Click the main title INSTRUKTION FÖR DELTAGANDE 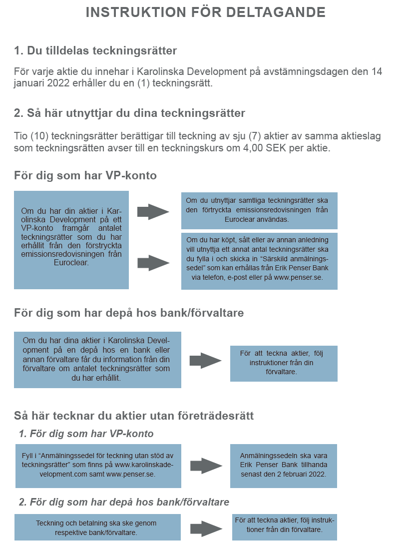coord(205,12)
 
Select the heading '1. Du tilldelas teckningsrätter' coord(95,50)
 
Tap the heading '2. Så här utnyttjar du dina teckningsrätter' coord(129,113)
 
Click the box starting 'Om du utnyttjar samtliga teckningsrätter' coord(259,210)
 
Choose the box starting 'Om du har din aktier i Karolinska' coord(71,240)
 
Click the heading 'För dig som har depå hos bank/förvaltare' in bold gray coord(129,313)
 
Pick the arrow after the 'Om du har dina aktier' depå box coord(205,360)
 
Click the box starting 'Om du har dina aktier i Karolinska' coord(97,359)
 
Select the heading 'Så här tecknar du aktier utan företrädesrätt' coord(134,416)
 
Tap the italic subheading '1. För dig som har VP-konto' coord(86,434)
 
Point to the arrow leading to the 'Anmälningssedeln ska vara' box coord(205,466)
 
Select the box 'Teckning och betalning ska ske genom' coord(97,528)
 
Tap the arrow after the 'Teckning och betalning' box coord(206,528)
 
